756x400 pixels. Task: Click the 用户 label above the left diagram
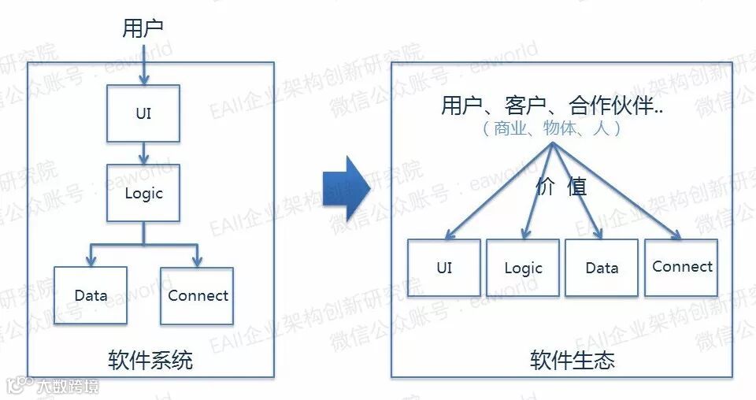143,28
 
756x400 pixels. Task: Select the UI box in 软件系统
143,113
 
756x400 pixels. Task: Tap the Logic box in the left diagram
143,193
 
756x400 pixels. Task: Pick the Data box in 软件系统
91,296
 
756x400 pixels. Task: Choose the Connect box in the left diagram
197,296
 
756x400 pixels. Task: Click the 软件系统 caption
150,361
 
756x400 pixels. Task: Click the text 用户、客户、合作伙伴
551,106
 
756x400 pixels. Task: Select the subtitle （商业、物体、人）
552,128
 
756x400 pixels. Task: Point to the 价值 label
561,187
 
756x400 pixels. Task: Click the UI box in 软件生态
444,268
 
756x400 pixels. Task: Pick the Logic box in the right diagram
523,268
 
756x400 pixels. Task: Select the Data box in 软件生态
602,268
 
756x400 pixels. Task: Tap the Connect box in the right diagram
682,267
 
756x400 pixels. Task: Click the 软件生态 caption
573,361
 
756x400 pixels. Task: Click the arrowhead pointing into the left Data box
91,261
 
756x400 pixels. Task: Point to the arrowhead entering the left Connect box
197,261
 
